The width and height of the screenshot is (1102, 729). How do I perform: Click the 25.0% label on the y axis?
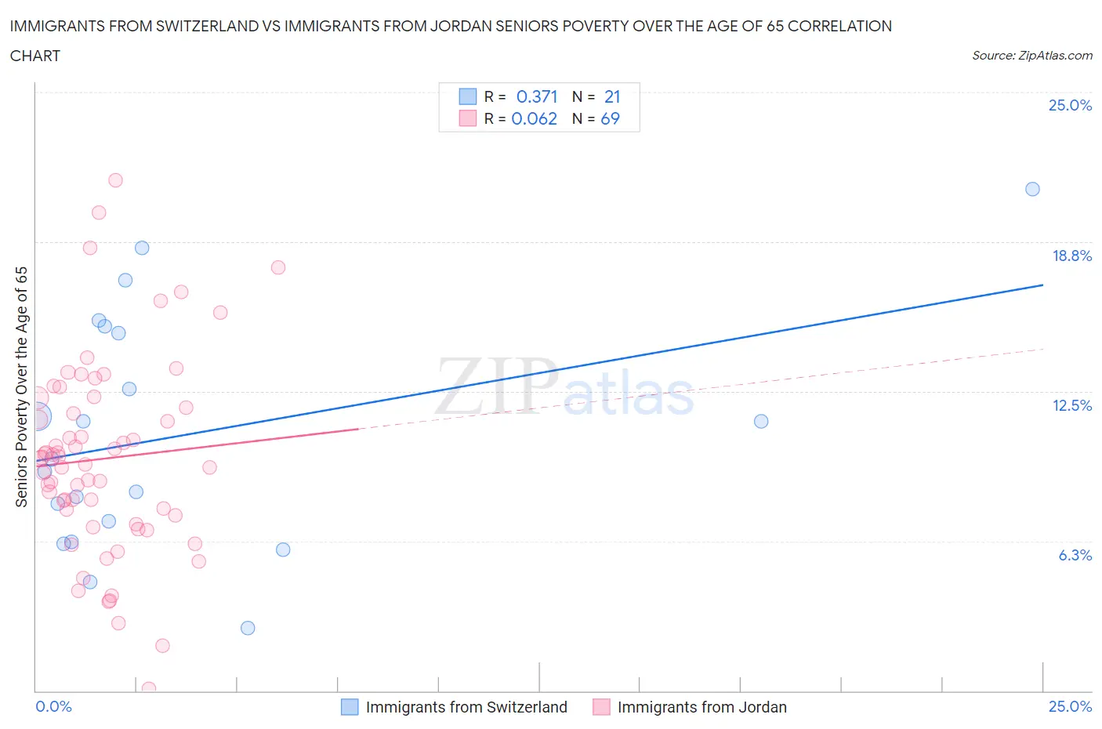click(x=1070, y=105)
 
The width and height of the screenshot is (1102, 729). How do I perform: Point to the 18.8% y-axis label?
click(x=1071, y=256)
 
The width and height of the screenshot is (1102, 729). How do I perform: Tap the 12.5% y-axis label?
click(x=1071, y=405)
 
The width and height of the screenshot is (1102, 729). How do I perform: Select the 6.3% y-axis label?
click(x=1075, y=555)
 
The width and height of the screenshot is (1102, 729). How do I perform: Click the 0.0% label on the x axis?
click(x=53, y=706)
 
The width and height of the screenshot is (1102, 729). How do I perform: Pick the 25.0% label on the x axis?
click(x=1070, y=706)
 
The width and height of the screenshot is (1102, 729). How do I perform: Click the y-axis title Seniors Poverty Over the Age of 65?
click(x=22, y=386)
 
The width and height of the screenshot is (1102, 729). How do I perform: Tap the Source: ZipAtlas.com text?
click(x=1031, y=55)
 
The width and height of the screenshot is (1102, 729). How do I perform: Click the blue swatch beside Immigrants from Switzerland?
click(x=350, y=707)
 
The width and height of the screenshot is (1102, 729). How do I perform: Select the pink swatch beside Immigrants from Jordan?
click(x=601, y=707)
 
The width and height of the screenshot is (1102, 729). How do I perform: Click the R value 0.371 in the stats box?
click(x=537, y=96)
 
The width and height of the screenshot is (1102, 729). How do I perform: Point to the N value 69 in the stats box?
click(x=610, y=118)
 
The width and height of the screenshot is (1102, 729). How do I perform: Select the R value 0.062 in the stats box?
click(x=534, y=118)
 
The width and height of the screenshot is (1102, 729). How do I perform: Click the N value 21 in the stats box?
click(x=612, y=96)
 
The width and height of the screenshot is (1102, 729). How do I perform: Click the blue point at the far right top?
click(x=1032, y=189)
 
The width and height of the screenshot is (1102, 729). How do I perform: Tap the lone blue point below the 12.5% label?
click(x=760, y=421)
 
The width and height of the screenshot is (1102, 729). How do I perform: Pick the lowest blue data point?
click(x=248, y=628)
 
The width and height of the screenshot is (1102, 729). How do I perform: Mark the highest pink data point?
click(x=115, y=180)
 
